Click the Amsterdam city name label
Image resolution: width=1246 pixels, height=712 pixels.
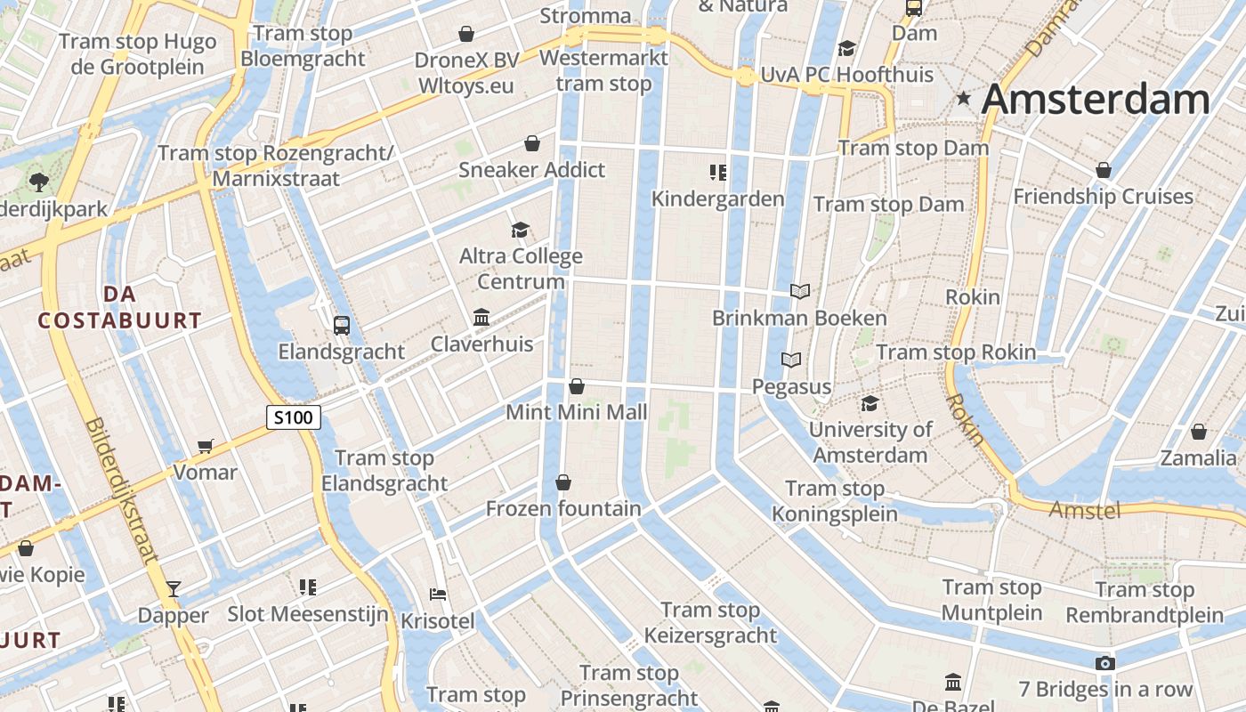(x=1096, y=100)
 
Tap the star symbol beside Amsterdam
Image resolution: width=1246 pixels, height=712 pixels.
(x=963, y=99)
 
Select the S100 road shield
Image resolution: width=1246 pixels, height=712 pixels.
(x=293, y=417)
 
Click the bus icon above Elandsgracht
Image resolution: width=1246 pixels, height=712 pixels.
(x=341, y=326)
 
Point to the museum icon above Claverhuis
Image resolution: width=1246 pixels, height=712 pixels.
(x=481, y=318)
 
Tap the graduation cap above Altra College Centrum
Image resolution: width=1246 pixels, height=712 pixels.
(x=521, y=231)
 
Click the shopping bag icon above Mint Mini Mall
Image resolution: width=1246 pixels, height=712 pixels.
(x=577, y=386)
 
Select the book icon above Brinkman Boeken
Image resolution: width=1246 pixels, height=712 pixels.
(x=800, y=291)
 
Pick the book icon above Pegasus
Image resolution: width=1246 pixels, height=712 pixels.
(x=791, y=360)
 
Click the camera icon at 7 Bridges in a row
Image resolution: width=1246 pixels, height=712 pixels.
(x=1104, y=664)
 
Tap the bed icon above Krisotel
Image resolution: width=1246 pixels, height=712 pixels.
(x=437, y=595)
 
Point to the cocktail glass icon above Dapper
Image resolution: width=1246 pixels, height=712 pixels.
(x=174, y=588)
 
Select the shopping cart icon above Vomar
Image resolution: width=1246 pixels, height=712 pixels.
(x=206, y=446)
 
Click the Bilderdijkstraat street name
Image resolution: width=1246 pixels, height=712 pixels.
(x=122, y=490)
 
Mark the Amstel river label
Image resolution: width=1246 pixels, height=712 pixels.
(x=1084, y=510)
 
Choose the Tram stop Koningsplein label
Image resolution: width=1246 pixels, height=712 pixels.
(x=834, y=501)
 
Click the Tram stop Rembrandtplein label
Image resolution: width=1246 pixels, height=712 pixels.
(x=1145, y=603)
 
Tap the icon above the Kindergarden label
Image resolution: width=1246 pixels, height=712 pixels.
(x=718, y=172)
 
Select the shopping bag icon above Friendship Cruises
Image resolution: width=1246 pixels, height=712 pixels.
(x=1104, y=170)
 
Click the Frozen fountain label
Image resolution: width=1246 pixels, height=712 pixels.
(x=562, y=509)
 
